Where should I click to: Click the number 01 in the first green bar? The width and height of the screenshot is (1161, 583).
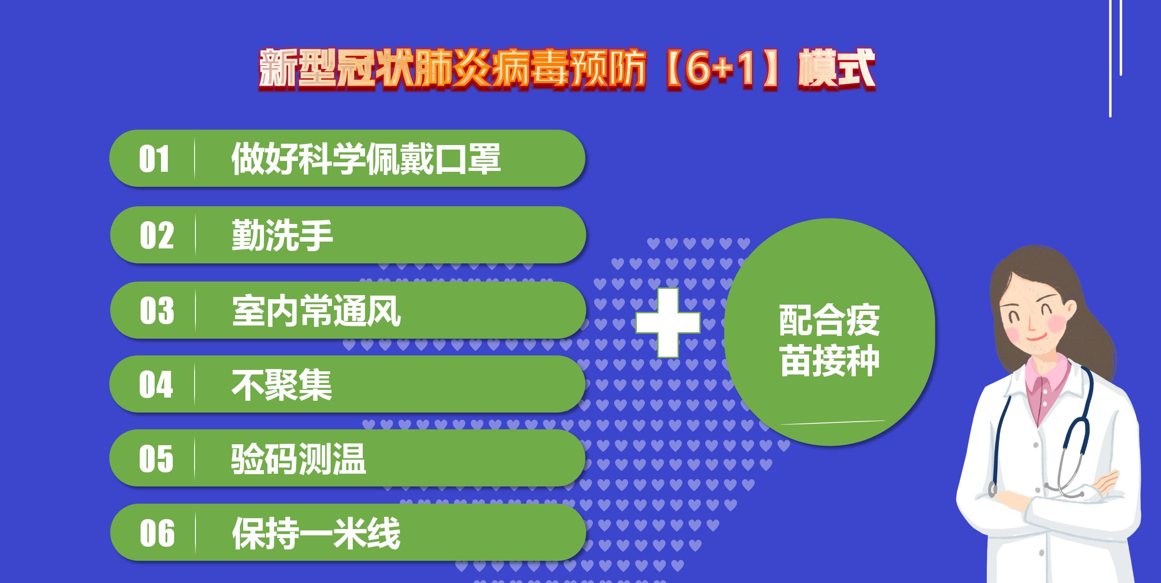(154, 159)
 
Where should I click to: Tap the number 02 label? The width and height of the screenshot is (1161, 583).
(156, 235)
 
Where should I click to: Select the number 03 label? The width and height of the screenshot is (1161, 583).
(157, 311)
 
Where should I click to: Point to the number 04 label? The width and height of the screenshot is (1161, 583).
(156, 384)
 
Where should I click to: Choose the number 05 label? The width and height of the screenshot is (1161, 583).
(156, 459)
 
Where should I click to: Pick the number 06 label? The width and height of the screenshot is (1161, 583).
(157, 533)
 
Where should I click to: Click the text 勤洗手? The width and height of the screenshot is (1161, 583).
(282, 235)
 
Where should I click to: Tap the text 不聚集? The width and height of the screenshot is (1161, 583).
(282, 384)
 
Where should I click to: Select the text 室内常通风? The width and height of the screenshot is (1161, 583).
(317, 311)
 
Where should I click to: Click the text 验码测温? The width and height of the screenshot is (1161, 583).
(298, 459)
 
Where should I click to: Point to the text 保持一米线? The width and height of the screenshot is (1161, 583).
(316, 533)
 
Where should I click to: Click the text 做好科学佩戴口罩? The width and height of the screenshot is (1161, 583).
(366, 159)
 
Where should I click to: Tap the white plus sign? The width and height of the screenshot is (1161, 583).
(668, 322)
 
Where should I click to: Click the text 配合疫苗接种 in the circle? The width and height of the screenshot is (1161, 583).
(829, 341)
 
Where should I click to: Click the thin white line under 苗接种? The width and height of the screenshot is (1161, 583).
(833, 423)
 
